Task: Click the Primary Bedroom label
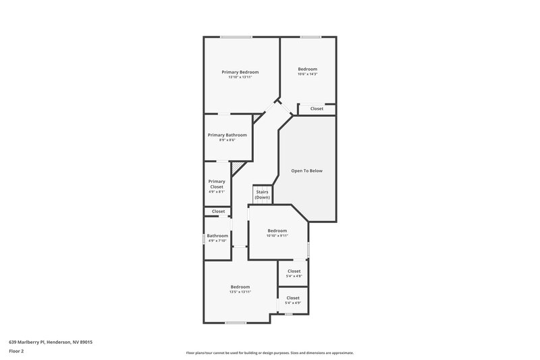[240, 72]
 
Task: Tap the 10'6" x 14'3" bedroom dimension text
[307, 74]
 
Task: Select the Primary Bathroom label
[227, 134]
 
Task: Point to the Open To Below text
[306, 171]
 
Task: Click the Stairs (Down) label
[262, 194]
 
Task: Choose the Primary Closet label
[216, 184]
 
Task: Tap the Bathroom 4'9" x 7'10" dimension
[217, 240]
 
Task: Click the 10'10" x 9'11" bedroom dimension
[277, 236]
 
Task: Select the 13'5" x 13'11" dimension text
[240, 292]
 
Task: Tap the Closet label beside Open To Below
[317, 109]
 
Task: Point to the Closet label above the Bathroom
[218, 211]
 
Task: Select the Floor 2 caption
[16, 351]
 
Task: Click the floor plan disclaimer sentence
[269, 353]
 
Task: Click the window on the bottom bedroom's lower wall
[235, 323]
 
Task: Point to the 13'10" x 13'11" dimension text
[240, 77]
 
